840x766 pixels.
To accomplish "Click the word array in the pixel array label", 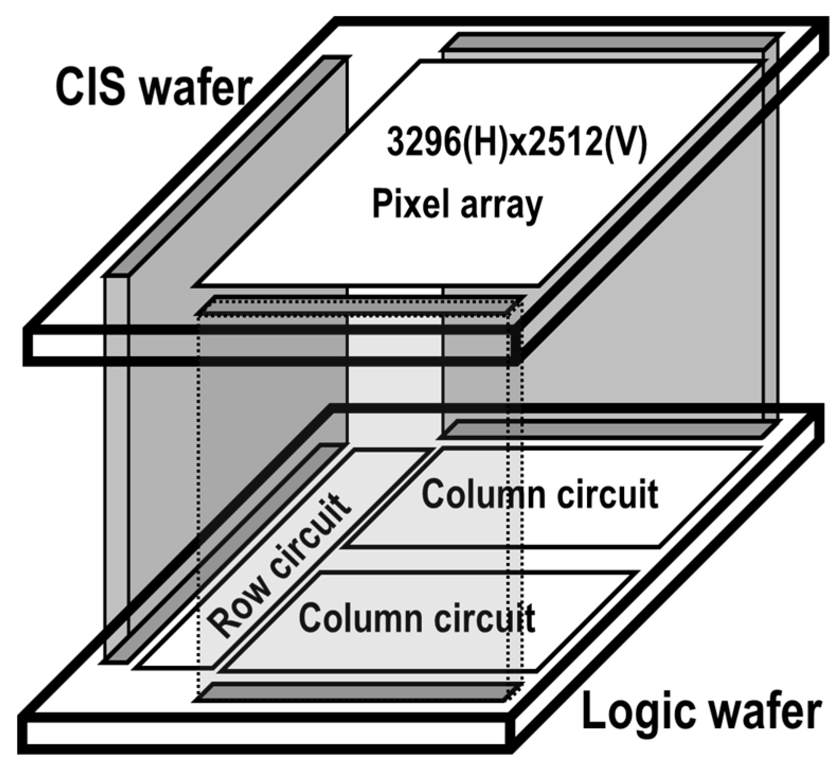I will (x=500, y=205).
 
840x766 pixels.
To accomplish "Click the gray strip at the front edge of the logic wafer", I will (x=355, y=692).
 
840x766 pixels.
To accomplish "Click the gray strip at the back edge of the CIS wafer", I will (x=609, y=41).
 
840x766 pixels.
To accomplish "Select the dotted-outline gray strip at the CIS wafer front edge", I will (x=360, y=305).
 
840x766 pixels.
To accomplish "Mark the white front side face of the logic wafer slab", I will (x=265, y=734).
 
